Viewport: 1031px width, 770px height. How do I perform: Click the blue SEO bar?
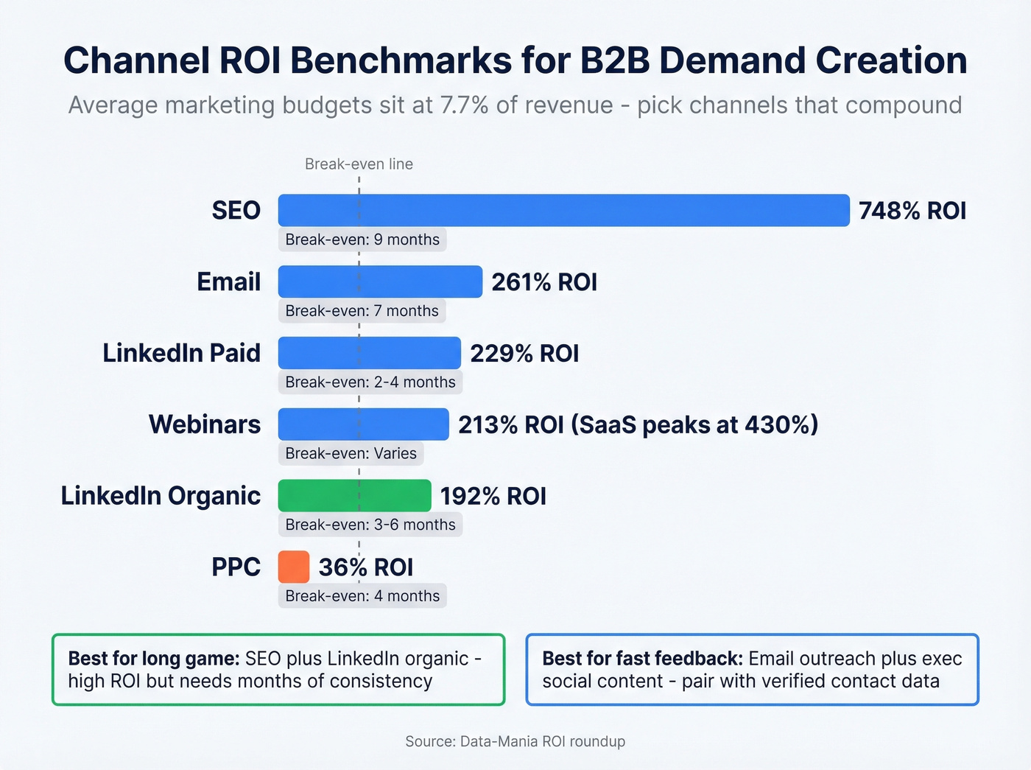pyautogui.click(x=563, y=210)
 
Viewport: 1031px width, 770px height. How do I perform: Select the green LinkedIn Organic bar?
pyautogui.click(x=354, y=495)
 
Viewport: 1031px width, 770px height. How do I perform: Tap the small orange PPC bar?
pyautogui.click(x=294, y=567)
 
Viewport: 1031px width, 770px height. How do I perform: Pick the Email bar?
pyautogui.click(x=380, y=281)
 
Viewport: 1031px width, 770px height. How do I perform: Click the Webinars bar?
pyautogui.click(x=363, y=424)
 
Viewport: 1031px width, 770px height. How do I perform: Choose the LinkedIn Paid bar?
pyautogui.click(x=369, y=353)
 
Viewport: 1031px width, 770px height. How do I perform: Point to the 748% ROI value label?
pyautogui.click(x=912, y=211)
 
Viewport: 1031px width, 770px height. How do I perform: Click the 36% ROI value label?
pyautogui.click(x=365, y=567)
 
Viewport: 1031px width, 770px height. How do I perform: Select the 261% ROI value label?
pyautogui.click(x=543, y=282)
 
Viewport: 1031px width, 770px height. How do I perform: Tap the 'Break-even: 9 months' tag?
pyautogui.click(x=362, y=239)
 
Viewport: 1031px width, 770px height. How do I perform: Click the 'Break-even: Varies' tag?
pyautogui.click(x=351, y=453)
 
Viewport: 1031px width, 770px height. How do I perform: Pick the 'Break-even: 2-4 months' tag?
pyautogui.click(x=370, y=382)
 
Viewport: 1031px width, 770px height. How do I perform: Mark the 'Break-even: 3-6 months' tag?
pyautogui.click(x=370, y=525)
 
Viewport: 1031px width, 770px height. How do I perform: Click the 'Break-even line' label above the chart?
pyautogui.click(x=359, y=164)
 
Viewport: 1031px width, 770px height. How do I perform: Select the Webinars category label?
pyautogui.click(x=205, y=424)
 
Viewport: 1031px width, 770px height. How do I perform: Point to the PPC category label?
pyautogui.click(x=236, y=567)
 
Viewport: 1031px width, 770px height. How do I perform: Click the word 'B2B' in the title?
pyautogui.click(x=615, y=60)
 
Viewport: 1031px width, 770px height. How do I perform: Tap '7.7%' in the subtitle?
pyautogui.click(x=464, y=105)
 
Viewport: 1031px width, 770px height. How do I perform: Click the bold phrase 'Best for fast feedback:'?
pyautogui.click(x=642, y=658)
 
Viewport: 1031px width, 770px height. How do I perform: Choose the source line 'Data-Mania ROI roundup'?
pyautogui.click(x=542, y=741)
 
